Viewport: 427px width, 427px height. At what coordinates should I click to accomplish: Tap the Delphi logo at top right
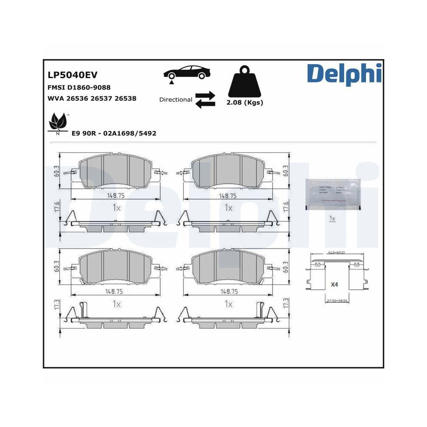point(344,73)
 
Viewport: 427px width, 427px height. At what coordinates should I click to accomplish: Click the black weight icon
point(245,81)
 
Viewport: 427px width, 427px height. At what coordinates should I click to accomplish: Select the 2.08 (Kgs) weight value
point(245,102)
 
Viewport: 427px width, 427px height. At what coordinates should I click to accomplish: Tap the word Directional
point(175,99)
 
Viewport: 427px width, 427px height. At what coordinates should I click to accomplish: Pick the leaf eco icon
point(58,123)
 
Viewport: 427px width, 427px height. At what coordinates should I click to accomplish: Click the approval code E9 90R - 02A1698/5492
point(114,133)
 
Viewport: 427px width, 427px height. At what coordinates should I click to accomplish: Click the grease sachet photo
point(333,194)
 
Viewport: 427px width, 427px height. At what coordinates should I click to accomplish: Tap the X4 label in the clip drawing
point(334,284)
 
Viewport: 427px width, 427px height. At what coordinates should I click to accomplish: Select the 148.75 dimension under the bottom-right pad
point(228,292)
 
